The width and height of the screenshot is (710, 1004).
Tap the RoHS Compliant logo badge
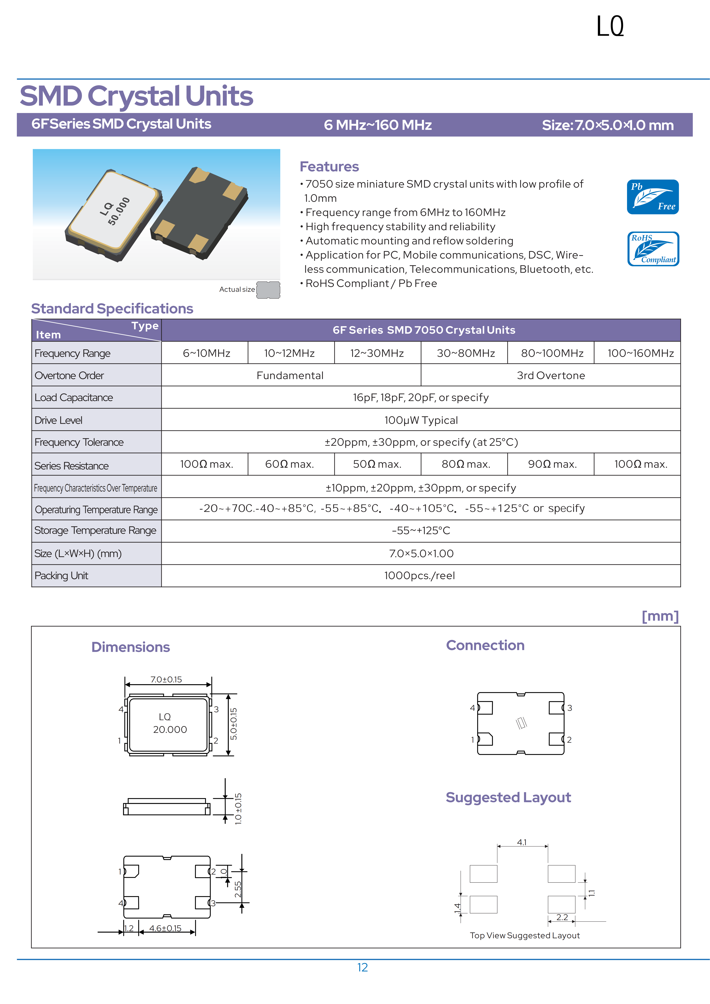[x=653, y=249]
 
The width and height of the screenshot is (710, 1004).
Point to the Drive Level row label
[x=59, y=420]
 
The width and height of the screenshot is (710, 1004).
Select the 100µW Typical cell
[x=421, y=420]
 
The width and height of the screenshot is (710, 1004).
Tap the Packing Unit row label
[x=61, y=576]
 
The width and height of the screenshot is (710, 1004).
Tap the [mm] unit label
[x=660, y=616]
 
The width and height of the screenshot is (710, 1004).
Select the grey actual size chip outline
[x=268, y=289]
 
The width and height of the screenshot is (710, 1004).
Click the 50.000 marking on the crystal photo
[x=119, y=211]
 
